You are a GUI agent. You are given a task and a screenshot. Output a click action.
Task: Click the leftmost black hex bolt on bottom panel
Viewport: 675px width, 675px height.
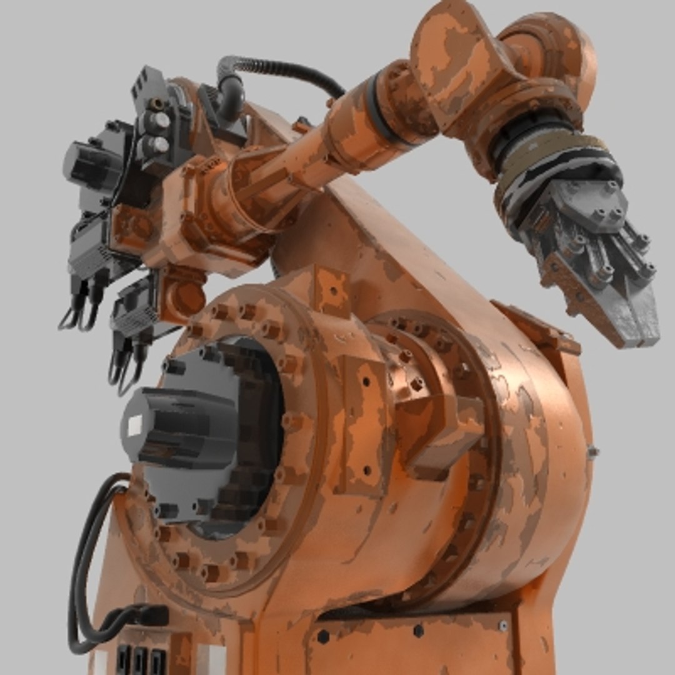[x=323, y=636]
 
